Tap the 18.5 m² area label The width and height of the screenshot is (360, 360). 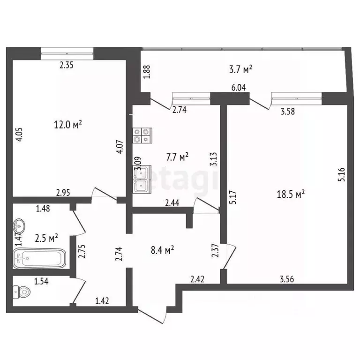[x=291, y=193]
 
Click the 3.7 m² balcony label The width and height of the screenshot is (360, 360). [x=240, y=69]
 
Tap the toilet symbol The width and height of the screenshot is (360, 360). [x=22, y=292]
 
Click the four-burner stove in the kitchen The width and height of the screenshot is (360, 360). [x=142, y=135]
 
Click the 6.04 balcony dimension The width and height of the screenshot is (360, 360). [x=239, y=88]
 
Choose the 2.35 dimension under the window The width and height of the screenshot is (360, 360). [x=67, y=66]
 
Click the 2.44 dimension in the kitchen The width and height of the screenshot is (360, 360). [x=172, y=203]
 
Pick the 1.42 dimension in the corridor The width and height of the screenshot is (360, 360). [x=102, y=301]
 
